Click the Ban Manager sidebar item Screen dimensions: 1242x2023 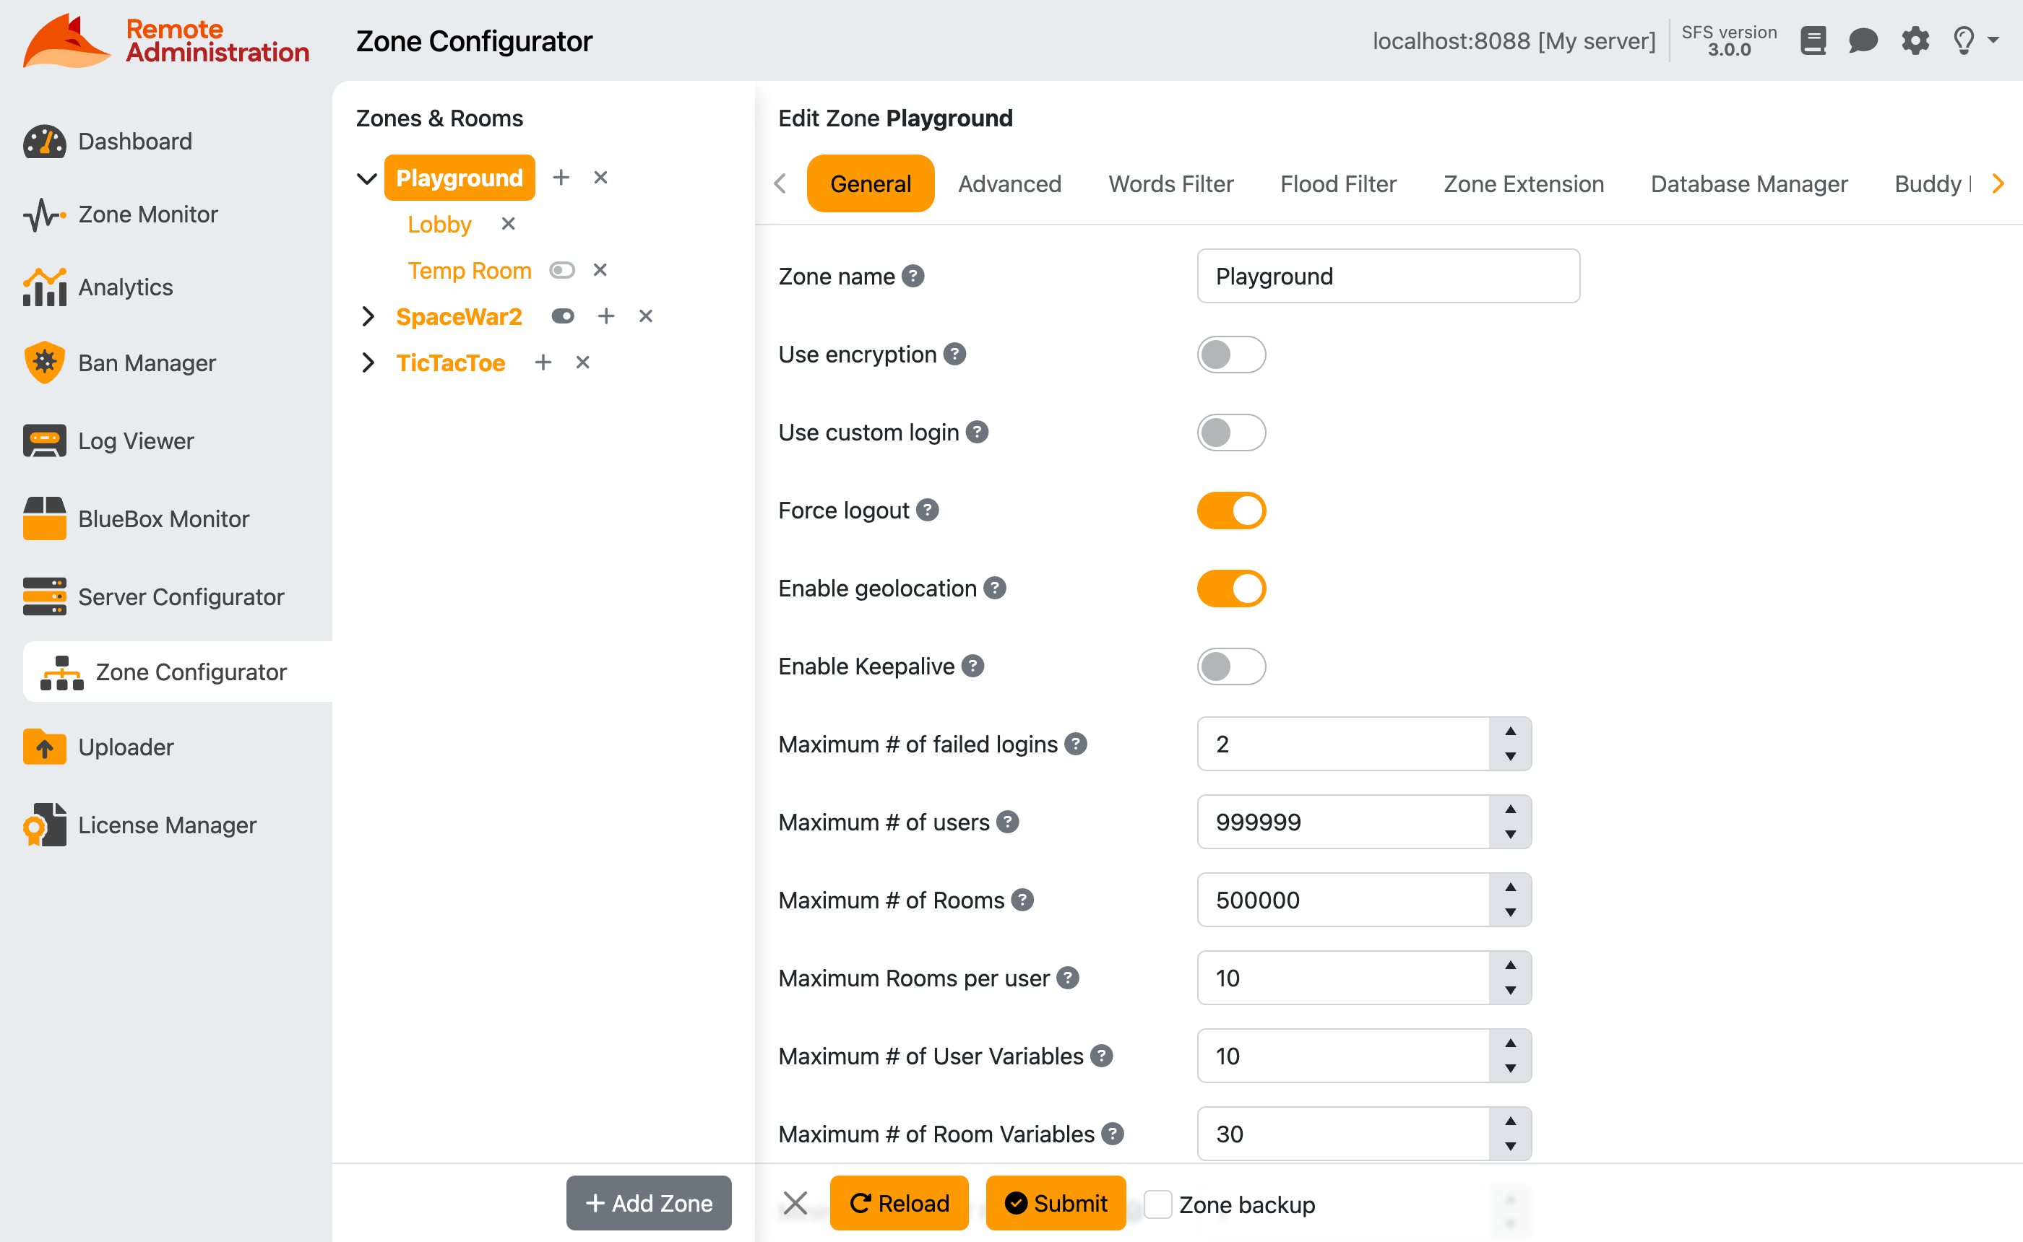pyautogui.click(x=146, y=363)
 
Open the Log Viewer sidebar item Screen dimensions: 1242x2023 pyautogui.click(x=136, y=441)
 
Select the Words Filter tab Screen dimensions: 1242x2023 pyautogui.click(x=1170, y=184)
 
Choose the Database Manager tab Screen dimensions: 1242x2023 pyautogui.click(x=1748, y=184)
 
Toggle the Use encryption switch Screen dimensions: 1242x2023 pyautogui.click(x=1230, y=355)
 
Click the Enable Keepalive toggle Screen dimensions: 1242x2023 pyautogui.click(x=1230, y=667)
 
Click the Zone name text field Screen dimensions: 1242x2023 pyautogui.click(x=1387, y=277)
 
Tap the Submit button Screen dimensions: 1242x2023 pyautogui.click(x=1055, y=1204)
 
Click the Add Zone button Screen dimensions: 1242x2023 pyautogui.click(x=648, y=1204)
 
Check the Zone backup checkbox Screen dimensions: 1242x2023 pyautogui.click(x=1157, y=1204)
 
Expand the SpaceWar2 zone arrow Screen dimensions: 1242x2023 pyautogui.click(x=367, y=316)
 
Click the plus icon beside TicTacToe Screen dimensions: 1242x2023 pyautogui.click(x=543, y=362)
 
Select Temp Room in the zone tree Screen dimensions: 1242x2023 pyautogui.click(x=469, y=270)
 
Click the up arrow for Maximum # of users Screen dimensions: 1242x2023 pyautogui.click(x=1509, y=809)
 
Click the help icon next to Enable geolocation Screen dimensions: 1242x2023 pyautogui.click(x=994, y=588)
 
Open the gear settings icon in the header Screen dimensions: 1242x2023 pyautogui.click(x=1915, y=40)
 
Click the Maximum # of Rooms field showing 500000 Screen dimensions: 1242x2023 pyautogui.click(x=1342, y=900)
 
